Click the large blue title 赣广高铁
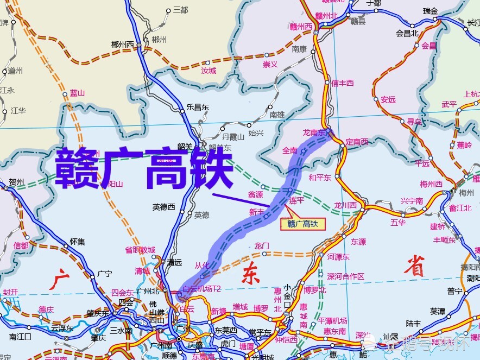(144, 168)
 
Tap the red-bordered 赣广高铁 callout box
(302, 223)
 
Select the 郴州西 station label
(122, 45)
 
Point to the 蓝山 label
(78, 93)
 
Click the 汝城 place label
(209, 71)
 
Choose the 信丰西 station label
(343, 83)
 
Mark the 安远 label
(388, 99)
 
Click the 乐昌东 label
(197, 107)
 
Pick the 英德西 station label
(164, 206)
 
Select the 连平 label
(296, 200)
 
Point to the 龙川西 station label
(345, 205)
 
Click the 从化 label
(202, 266)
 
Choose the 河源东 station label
(339, 257)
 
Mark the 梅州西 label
(431, 184)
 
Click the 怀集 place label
(78, 242)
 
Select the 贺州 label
(17, 182)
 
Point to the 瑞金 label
(430, 11)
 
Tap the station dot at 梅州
(453, 191)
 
